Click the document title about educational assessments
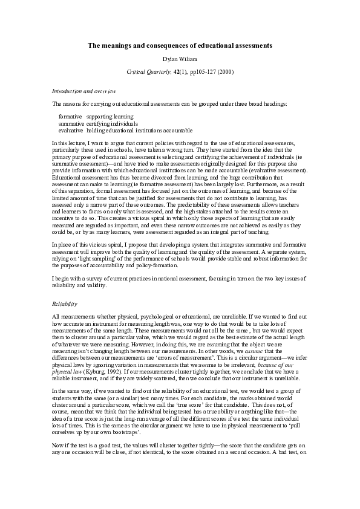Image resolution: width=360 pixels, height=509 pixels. click(180, 45)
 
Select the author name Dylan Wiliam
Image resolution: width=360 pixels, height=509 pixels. click(180, 59)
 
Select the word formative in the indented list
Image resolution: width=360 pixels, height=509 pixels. click(70, 115)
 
